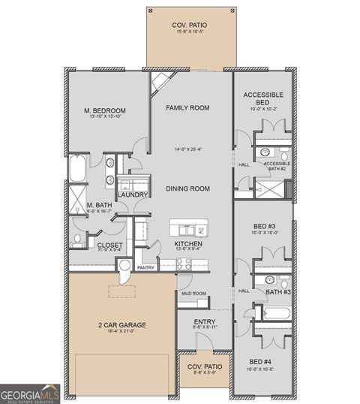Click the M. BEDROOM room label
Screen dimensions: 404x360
tap(104, 111)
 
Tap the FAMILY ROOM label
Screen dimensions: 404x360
tap(187, 108)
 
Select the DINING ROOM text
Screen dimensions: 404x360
tap(187, 188)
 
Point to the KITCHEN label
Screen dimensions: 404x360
tap(187, 244)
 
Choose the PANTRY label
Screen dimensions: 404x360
tap(145, 267)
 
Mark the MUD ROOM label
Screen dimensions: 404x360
tap(193, 294)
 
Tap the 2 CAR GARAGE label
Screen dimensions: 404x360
tap(121, 325)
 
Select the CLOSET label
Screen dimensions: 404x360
tap(109, 245)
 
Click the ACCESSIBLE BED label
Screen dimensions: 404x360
tap(262, 98)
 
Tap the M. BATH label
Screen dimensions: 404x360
tap(99, 205)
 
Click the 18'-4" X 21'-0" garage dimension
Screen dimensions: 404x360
tap(121, 332)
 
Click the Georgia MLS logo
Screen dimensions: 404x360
tap(30, 393)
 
